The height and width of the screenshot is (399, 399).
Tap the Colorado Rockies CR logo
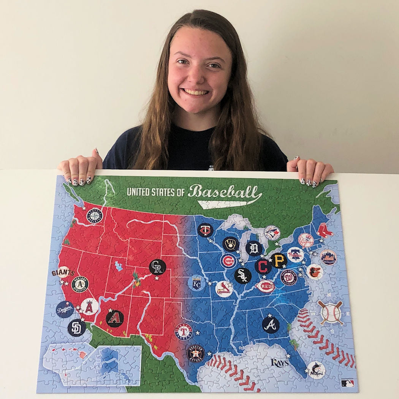pyautogui.click(x=157, y=267)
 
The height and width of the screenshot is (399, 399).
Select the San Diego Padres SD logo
pyautogui.click(x=76, y=328)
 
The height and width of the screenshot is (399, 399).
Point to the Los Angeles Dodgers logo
pyautogui.click(x=65, y=309)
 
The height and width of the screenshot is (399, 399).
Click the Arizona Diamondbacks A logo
pyautogui.click(x=115, y=318)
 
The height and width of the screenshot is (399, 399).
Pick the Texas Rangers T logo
pyautogui.click(x=184, y=331)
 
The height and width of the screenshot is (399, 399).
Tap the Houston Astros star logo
pyautogui.click(x=196, y=353)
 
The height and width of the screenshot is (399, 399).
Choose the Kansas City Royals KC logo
pyautogui.click(x=197, y=283)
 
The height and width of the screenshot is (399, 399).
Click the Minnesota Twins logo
pyautogui.click(x=205, y=230)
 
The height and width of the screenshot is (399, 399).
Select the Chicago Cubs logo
pyautogui.click(x=229, y=261)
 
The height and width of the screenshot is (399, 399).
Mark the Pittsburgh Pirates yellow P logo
pyautogui.click(x=279, y=261)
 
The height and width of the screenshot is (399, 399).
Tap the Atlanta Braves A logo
pyautogui.click(x=271, y=325)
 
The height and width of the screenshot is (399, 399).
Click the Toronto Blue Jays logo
pyautogui.click(x=272, y=233)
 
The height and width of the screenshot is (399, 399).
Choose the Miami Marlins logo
pyautogui.click(x=316, y=370)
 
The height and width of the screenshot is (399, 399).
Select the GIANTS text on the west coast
pyautogui.click(x=63, y=273)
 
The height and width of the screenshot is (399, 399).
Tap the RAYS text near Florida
pyautogui.click(x=280, y=363)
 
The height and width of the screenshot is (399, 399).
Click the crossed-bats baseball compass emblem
pyautogui.click(x=330, y=312)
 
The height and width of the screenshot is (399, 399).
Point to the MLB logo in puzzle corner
pyautogui.click(x=347, y=383)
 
